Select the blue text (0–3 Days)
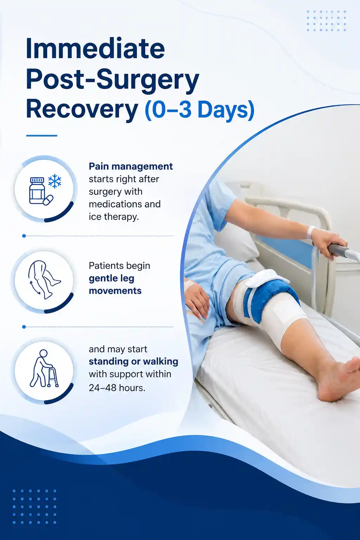[199, 110]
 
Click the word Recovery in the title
[82, 110]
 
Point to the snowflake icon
[54, 181]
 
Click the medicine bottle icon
[37, 191]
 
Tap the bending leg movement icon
[44, 280]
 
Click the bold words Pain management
[131, 167]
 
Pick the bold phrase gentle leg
[111, 279]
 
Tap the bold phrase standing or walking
[133, 362]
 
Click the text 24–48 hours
[117, 388]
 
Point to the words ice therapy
[114, 217]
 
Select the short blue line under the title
[42, 135]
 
